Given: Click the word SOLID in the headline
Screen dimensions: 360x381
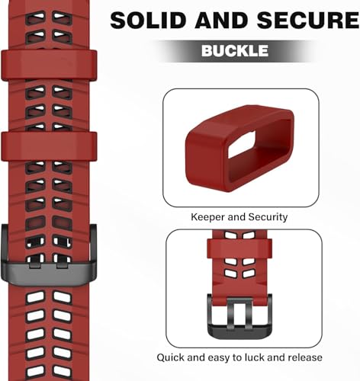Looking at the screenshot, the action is click(148, 20).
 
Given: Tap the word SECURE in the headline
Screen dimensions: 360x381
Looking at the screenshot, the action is click(307, 20).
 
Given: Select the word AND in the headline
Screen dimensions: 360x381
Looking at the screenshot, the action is click(221, 20).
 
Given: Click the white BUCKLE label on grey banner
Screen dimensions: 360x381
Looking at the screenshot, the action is click(235, 50).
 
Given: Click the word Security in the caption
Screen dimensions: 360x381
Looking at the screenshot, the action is click(268, 217).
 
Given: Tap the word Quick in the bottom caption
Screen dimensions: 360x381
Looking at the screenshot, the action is click(171, 357).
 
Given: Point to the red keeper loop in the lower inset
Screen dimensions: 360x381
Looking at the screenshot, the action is click(239, 248).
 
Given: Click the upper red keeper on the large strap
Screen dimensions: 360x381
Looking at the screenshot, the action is click(49, 66).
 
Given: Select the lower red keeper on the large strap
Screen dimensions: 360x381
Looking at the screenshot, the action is click(49, 146).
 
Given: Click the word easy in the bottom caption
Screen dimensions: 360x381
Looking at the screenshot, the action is click(219, 358).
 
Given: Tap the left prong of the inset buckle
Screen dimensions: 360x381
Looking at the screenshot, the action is click(232, 314).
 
